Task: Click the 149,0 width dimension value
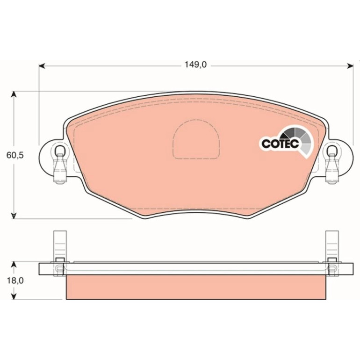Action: click(x=195, y=65)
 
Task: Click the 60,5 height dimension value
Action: click(x=15, y=155)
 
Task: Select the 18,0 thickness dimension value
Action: click(x=15, y=281)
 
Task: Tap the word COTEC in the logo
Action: click(x=281, y=144)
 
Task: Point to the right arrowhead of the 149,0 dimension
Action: click(x=350, y=66)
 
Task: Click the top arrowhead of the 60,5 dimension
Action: click(x=14, y=94)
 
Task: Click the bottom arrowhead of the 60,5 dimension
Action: click(x=14, y=216)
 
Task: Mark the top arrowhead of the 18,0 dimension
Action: click(x=14, y=265)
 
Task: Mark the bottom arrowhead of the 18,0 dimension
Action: click(x=14, y=296)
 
